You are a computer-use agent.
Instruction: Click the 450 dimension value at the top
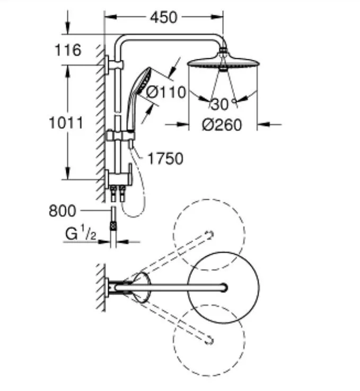(x=163, y=17)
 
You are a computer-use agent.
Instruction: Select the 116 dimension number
(x=68, y=50)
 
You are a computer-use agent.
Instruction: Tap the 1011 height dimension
(x=66, y=123)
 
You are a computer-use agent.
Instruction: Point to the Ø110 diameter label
(x=166, y=92)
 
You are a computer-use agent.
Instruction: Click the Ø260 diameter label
(x=222, y=125)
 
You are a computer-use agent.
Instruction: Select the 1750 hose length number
(x=165, y=158)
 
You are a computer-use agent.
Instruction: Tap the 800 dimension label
(x=63, y=211)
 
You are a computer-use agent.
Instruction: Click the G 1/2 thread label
(x=81, y=234)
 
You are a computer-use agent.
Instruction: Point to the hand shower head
(x=143, y=81)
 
